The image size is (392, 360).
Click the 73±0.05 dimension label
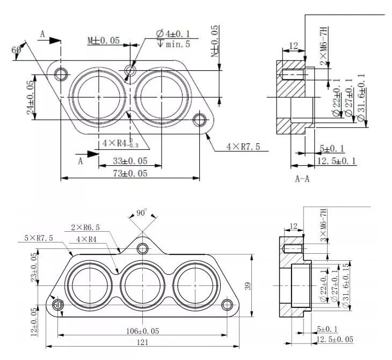click(130, 173)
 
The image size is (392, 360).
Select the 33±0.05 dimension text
click(130, 160)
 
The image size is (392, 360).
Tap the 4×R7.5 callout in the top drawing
click(246, 146)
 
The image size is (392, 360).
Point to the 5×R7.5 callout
click(39, 238)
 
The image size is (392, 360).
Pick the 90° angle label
click(141, 212)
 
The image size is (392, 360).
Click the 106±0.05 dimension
click(142, 331)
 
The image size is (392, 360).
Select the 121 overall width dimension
click(142, 343)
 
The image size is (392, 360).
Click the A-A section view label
click(302, 179)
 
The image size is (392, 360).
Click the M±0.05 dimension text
click(104, 41)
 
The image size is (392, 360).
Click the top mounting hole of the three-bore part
click(142, 248)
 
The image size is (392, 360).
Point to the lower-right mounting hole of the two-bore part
click(201, 119)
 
